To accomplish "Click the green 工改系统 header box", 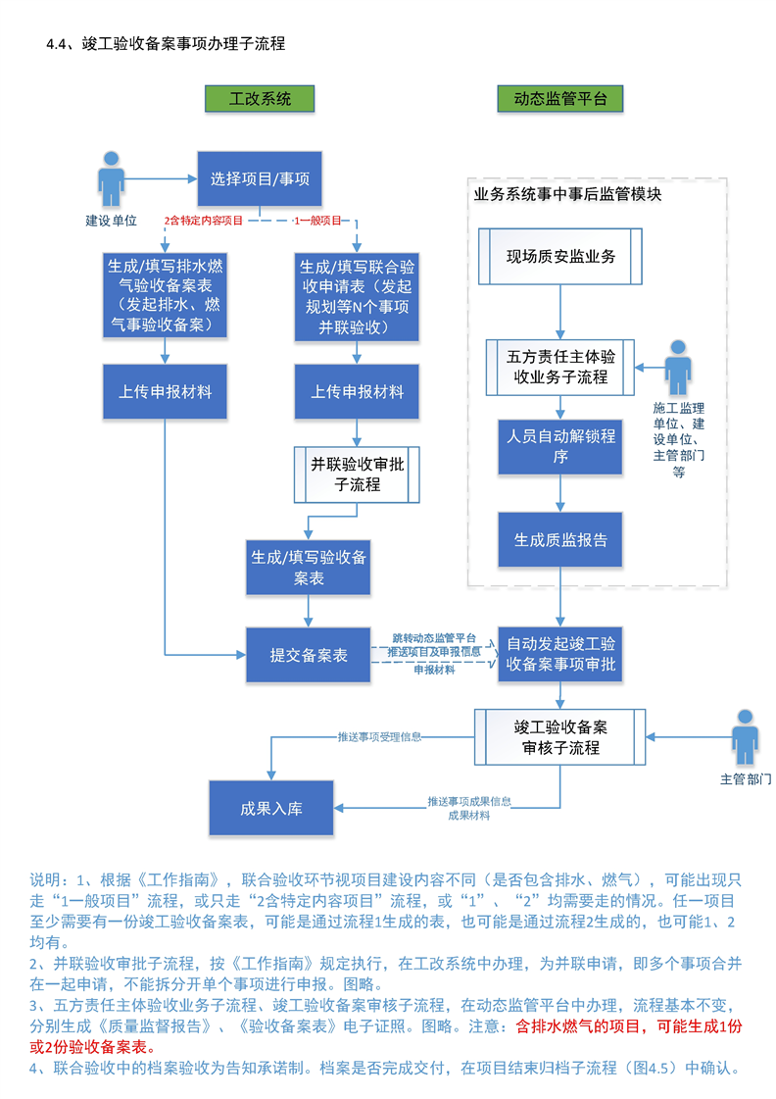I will [260, 99].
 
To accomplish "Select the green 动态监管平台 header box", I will [559, 99].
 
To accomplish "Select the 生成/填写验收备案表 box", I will [309, 568].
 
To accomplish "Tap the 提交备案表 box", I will [309, 655].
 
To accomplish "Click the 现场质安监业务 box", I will [560, 257].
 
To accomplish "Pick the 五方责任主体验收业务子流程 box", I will [560, 368].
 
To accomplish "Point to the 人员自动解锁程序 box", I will [560, 446].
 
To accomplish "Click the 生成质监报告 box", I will [560, 540].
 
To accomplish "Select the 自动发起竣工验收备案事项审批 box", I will [560, 654].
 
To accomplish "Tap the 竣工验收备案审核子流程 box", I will [559, 737].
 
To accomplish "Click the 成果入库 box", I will [271, 809].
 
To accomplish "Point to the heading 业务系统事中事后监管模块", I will [567, 194].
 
